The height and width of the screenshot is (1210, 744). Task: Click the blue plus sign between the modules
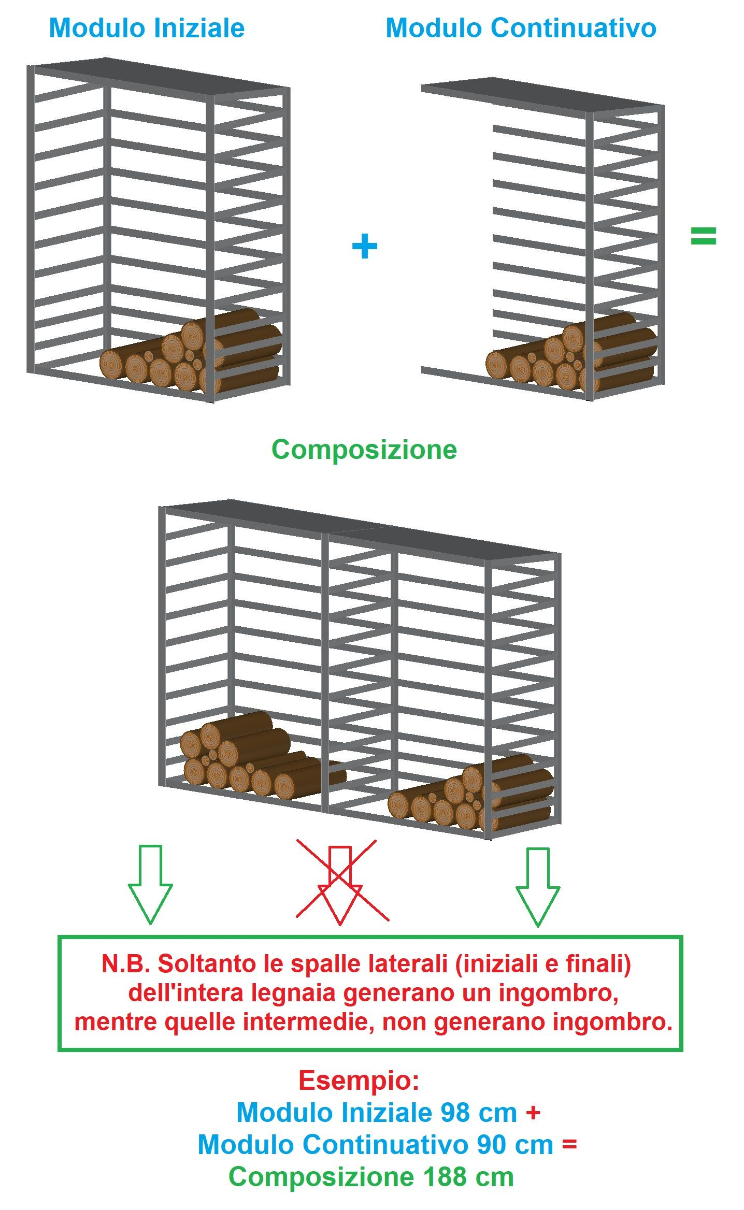click(x=364, y=246)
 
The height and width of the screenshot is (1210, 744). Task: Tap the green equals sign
click(x=703, y=236)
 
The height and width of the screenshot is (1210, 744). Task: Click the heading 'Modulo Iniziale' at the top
click(x=147, y=28)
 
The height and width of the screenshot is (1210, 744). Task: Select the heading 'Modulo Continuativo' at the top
click(x=521, y=28)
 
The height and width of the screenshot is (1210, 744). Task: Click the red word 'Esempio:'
click(x=359, y=1081)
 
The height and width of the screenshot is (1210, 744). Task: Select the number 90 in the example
click(x=492, y=1145)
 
